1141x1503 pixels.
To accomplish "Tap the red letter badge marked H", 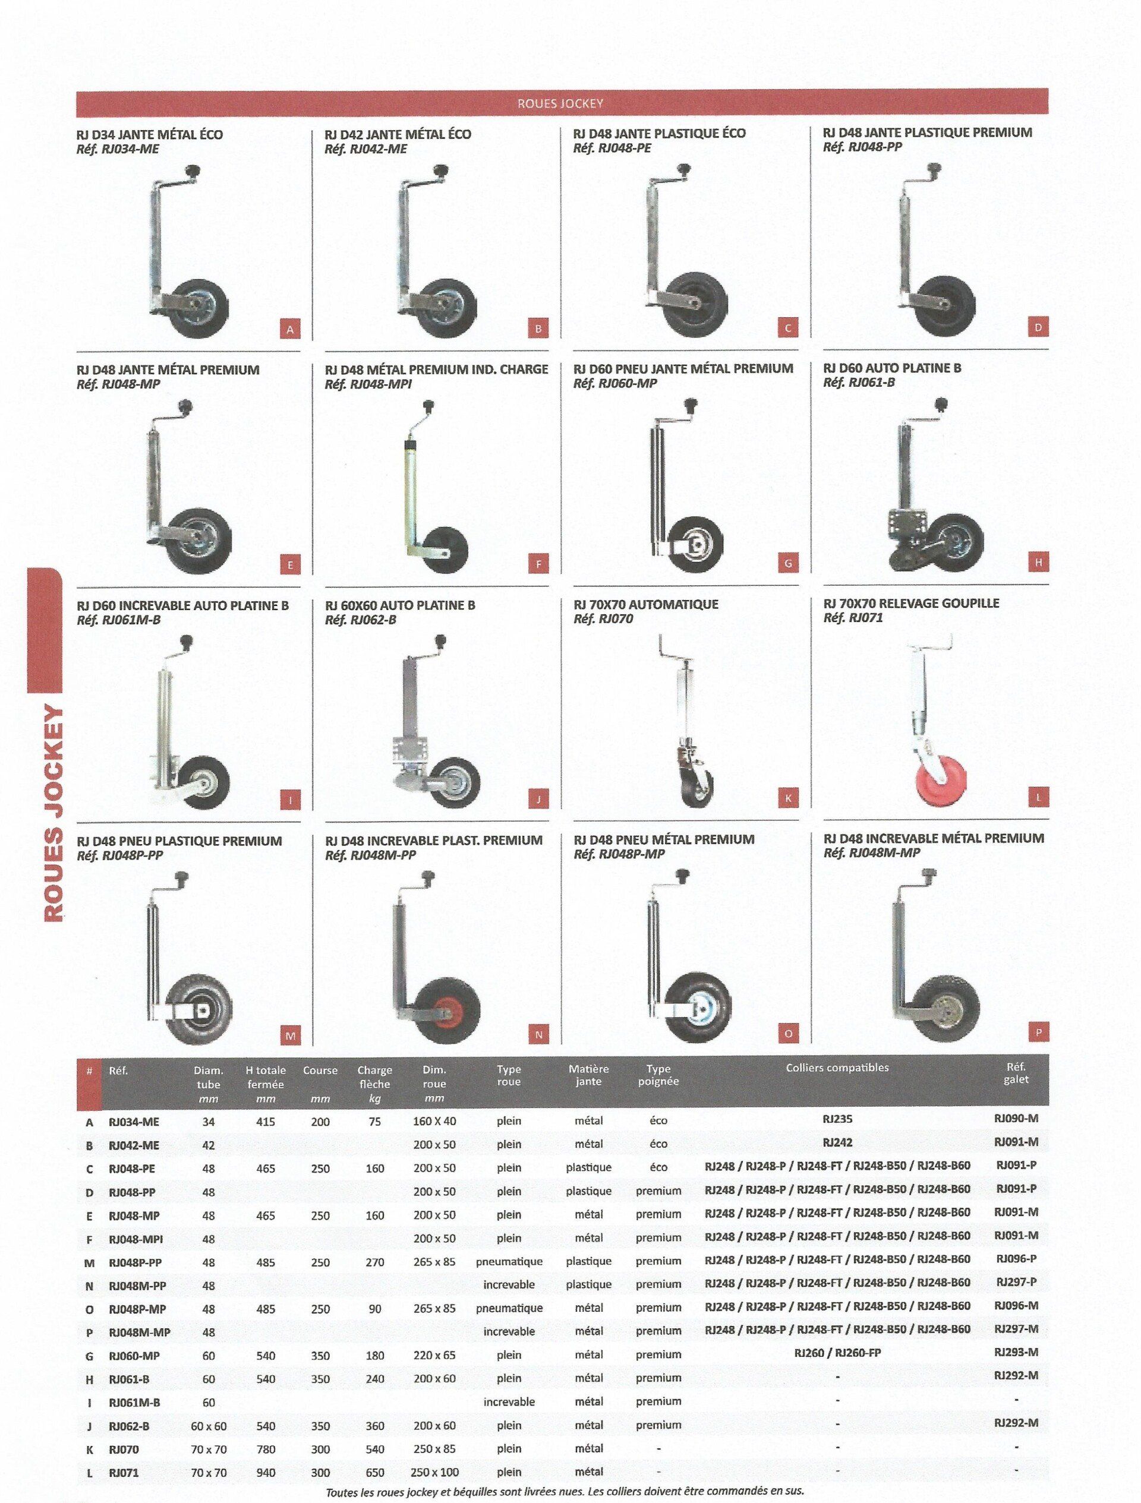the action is (x=1038, y=562).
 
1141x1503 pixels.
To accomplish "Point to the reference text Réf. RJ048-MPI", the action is (x=368, y=384).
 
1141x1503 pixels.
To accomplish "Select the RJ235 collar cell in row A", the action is (x=837, y=1119).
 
